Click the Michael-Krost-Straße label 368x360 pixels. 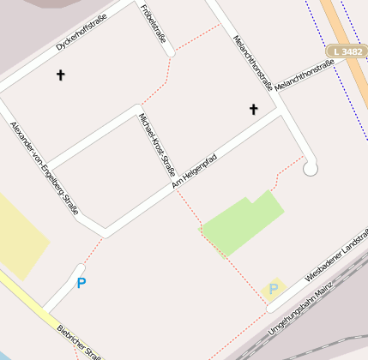157,143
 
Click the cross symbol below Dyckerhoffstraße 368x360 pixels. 60,75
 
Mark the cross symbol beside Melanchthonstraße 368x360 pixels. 253,109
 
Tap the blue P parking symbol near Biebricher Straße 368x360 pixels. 81,282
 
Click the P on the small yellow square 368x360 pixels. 274,289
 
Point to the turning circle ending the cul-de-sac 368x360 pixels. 311,168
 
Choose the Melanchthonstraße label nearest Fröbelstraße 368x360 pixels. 252,63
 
